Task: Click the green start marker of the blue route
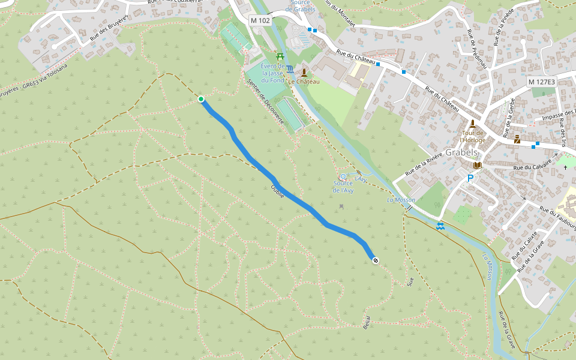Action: pos(201,99)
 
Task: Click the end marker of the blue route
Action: pos(376,260)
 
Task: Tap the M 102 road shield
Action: pos(260,20)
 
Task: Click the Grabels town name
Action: pos(461,152)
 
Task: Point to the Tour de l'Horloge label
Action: pos(472,136)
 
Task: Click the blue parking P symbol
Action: pos(470,178)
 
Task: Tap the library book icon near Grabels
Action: pos(478,165)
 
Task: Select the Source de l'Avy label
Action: pos(343,186)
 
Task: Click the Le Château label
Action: pos(304,81)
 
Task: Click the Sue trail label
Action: pos(410,281)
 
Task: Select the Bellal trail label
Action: pos(367,322)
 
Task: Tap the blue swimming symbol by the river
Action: pos(441,226)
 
